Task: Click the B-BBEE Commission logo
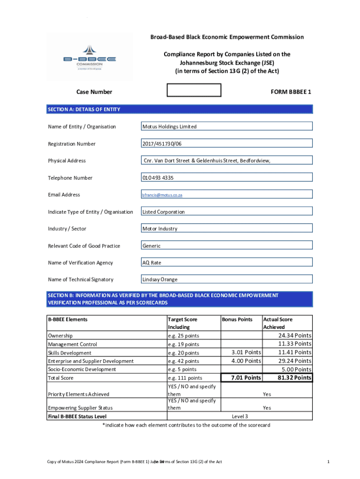pyautogui.click(x=90, y=57)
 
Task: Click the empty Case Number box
pyautogui.click(x=194, y=90)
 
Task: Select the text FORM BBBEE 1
pyautogui.click(x=290, y=92)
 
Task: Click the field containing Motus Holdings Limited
pyautogui.click(x=226, y=126)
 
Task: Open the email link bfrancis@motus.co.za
pyautogui.click(x=162, y=195)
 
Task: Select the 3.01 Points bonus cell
pyautogui.click(x=246, y=352)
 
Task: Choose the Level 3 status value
pyautogui.click(x=240, y=416)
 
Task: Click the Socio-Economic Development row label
pyautogui.click(x=82, y=370)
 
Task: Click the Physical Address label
pyautogui.click(x=67, y=160)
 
